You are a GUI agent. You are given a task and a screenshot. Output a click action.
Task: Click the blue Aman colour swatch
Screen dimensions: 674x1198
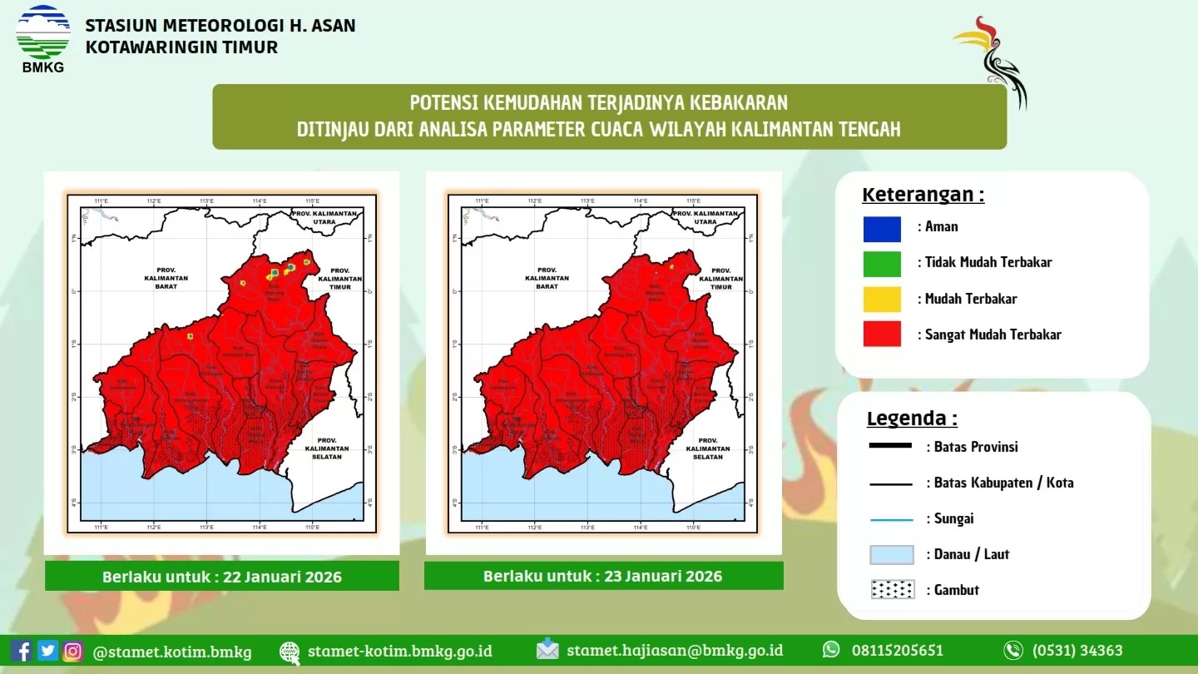[x=882, y=229]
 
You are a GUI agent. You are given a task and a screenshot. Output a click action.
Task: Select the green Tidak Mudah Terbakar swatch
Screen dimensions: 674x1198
[x=882, y=264]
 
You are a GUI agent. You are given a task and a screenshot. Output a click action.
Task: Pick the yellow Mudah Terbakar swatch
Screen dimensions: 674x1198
[x=882, y=299]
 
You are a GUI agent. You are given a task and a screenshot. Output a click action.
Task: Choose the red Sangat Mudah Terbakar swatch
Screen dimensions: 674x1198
[x=882, y=334]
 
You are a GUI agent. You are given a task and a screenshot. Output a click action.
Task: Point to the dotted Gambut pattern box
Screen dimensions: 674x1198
[x=892, y=590]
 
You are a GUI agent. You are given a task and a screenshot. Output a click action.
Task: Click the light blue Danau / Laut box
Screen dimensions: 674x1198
[x=892, y=554]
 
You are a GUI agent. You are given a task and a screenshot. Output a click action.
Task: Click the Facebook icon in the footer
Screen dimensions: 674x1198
[x=22, y=651]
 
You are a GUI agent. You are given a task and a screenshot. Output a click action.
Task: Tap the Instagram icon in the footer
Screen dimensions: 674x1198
[x=73, y=651]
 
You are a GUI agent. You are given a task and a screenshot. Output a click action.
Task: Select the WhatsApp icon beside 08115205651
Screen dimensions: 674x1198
[x=831, y=650]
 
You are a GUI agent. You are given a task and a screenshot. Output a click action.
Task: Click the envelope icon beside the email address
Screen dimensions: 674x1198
[x=547, y=650]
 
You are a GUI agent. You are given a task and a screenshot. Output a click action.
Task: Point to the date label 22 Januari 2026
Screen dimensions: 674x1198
[x=221, y=577]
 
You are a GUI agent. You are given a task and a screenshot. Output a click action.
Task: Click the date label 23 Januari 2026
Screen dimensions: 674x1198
[x=602, y=576]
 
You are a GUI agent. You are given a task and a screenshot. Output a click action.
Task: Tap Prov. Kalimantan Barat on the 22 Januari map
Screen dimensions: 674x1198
[x=166, y=278]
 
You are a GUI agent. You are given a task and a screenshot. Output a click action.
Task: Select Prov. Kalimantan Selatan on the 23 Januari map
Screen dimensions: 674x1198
[x=708, y=449]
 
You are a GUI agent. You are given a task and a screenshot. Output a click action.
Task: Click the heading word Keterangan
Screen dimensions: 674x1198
[x=923, y=196]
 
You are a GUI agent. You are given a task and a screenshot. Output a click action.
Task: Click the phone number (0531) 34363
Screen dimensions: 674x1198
[x=1077, y=651]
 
